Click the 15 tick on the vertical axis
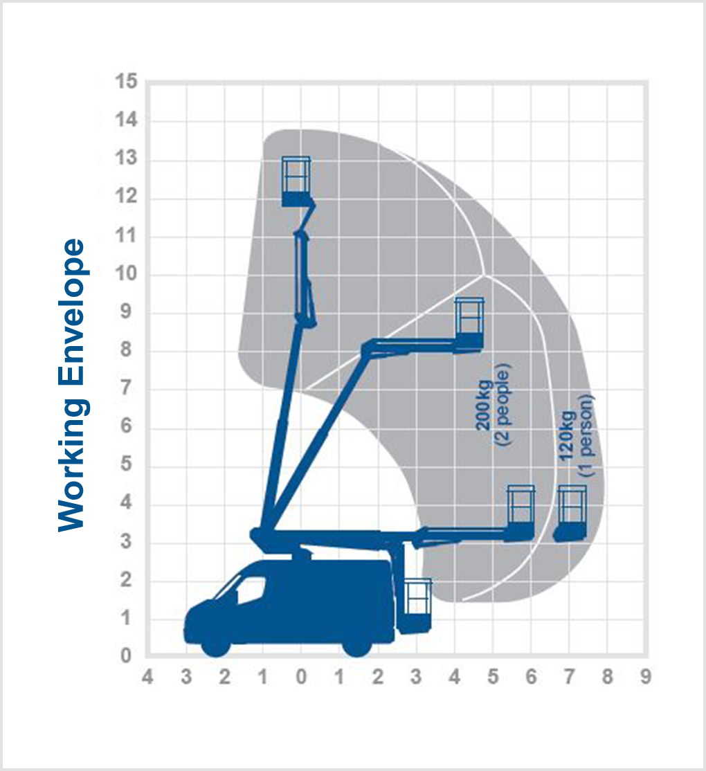pyautogui.click(x=128, y=82)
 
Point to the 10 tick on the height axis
pyautogui.click(x=128, y=275)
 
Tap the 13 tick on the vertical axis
pyautogui.click(x=128, y=160)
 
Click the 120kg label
pyautogui.click(x=568, y=437)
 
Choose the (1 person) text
pyautogui.click(x=587, y=436)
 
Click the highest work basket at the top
pyautogui.click(x=297, y=181)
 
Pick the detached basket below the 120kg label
pyautogui.click(x=571, y=514)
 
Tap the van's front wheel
pyautogui.click(x=215, y=643)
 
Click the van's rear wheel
pyautogui.click(x=357, y=643)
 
